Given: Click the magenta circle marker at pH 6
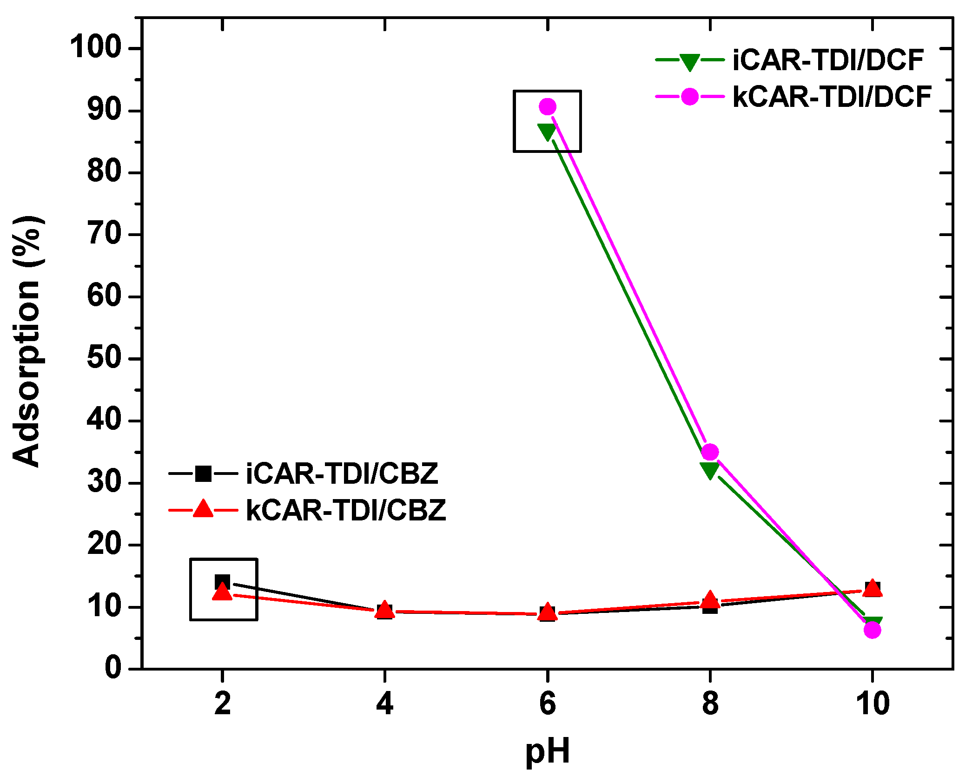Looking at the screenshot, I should (548, 106).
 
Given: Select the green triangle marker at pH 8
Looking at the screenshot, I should (710, 470).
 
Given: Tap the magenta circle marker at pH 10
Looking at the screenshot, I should (873, 630).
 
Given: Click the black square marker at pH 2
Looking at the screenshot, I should (223, 581).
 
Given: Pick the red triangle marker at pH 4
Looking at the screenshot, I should (384, 610).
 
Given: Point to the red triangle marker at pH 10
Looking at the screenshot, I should (873, 588).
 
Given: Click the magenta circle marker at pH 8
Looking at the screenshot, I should (710, 452).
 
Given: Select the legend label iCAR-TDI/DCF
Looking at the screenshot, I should (828, 60).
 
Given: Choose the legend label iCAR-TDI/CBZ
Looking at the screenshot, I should (342, 474).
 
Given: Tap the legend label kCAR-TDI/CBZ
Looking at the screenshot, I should (346, 510).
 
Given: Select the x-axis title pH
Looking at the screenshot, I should (547, 751).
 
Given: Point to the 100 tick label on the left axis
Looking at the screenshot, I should (95, 48).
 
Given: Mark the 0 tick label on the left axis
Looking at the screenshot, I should (113, 668).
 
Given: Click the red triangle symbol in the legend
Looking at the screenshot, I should (203, 509).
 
